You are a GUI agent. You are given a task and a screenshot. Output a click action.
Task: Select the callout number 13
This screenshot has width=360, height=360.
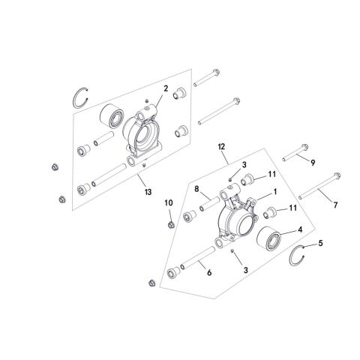tap(148, 193)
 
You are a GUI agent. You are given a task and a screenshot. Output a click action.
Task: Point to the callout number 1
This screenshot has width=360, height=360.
tap(275, 191)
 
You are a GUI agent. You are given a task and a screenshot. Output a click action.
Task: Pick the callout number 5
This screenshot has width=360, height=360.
tap(321, 242)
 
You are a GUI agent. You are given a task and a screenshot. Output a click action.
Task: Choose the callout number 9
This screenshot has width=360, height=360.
tap(313, 162)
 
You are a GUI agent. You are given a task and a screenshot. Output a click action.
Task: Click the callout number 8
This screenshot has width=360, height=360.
tap(196, 190)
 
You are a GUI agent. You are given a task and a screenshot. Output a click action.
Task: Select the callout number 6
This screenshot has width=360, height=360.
tap(209, 273)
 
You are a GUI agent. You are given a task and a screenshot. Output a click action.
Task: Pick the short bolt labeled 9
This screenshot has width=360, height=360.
tap(296, 158)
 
